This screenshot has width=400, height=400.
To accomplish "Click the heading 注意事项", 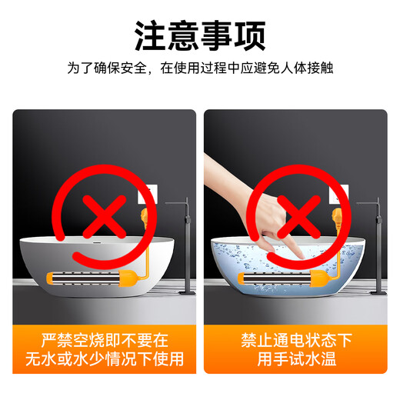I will (200, 34).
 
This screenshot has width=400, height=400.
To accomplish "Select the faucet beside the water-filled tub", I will (377, 246).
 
